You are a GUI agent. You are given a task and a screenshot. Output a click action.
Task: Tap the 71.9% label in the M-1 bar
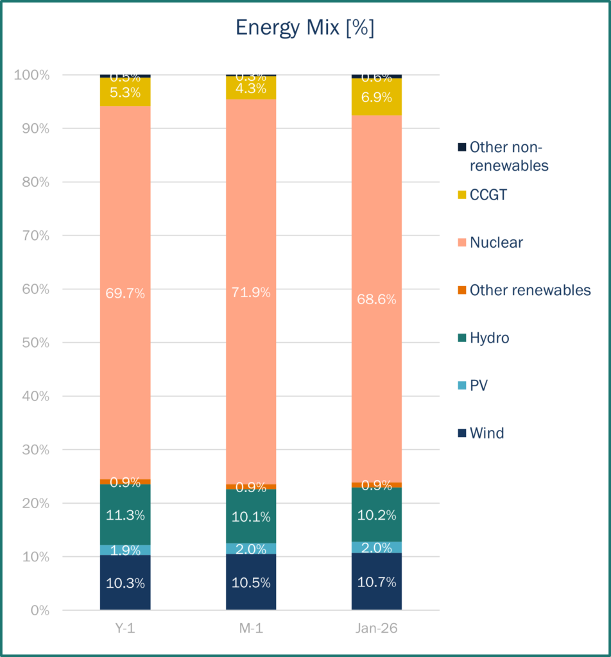click(251, 293)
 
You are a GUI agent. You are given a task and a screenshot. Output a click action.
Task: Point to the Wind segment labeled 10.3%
click(125, 583)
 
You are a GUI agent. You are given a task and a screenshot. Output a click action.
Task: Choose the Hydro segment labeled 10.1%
click(251, 516)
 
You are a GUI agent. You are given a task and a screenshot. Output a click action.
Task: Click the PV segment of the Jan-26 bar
click(377, 547)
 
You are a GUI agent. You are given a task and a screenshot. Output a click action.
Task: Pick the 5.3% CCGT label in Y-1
click(125, 92)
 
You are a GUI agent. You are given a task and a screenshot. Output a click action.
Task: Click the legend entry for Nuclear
click(495, 243)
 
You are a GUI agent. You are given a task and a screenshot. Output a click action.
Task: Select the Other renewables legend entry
click(529, 290)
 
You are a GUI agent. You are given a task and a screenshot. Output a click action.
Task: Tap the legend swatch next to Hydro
click(461, 338)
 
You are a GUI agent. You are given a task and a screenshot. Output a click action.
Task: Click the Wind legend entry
click(486, 433)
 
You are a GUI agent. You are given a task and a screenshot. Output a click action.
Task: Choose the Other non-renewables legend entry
click(508, 157)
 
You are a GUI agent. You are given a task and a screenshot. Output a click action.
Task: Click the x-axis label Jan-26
click(377, 629)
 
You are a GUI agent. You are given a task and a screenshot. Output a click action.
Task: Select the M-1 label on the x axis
click(251, 629)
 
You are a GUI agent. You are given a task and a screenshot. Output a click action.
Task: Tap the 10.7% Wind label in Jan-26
click(377, 583)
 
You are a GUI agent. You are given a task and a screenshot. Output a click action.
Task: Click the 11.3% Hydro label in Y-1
click(125, 515)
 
